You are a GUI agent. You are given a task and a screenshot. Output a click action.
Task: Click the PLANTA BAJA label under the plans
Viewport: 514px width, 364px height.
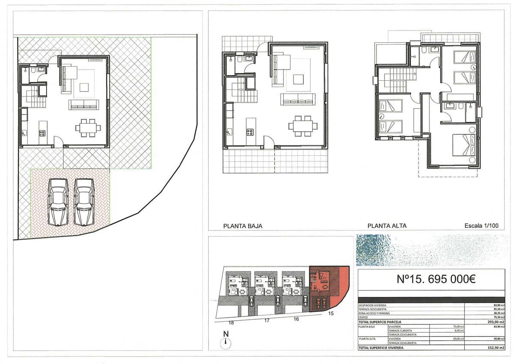coord(243,226)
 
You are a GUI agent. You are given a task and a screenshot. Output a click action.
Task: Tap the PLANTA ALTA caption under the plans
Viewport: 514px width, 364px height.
coord(387,226)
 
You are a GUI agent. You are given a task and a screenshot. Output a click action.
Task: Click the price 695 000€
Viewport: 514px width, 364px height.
coord(448,279)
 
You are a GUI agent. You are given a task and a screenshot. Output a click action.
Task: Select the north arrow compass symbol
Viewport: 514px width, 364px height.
coord(226,343)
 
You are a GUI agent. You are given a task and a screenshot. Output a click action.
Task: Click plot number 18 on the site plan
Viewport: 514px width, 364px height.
coord(231,323)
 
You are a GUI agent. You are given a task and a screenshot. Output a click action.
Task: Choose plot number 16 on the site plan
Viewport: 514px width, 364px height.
coord(296,319)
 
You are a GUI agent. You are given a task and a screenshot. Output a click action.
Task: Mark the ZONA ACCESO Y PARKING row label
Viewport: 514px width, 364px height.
coord(374,313)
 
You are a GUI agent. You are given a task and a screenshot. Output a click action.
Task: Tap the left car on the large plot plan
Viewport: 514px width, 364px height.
coord(58,202)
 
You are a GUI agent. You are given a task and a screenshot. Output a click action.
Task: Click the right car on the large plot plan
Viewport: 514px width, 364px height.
coord(84,202)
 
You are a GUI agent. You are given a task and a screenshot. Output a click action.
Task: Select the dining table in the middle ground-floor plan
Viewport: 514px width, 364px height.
coord(303,126)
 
